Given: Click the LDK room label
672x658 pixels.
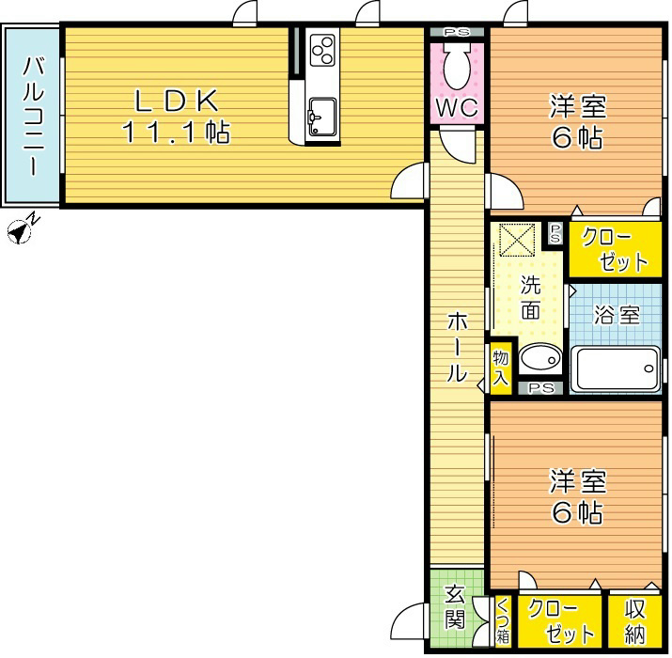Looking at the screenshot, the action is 177,102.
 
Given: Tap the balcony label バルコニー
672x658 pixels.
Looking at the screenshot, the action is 34,116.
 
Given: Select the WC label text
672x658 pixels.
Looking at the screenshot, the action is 457,107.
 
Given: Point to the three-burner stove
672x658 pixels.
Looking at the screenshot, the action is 322,51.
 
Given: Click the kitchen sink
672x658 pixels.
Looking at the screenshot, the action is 321,117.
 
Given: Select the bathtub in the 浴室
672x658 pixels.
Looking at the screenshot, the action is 617,368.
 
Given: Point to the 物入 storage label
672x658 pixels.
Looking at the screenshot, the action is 501,368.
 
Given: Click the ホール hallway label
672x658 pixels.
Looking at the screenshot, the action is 457,347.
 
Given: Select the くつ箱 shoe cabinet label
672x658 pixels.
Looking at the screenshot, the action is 502,621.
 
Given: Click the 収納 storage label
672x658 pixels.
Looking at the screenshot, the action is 634,621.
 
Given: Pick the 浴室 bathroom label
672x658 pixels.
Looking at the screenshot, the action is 617,315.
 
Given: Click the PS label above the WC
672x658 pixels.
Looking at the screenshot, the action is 457,32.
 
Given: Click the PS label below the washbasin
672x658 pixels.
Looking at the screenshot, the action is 540,388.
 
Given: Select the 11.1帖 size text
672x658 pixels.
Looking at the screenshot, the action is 177,132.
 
